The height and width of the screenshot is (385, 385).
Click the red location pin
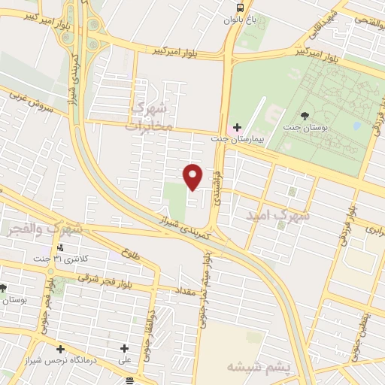click(193, 175)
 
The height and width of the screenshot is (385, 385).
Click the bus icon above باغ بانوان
click(238, 8)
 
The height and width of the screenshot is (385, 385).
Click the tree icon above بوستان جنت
click(305, 115)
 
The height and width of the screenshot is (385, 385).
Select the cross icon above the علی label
click(125, 348)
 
